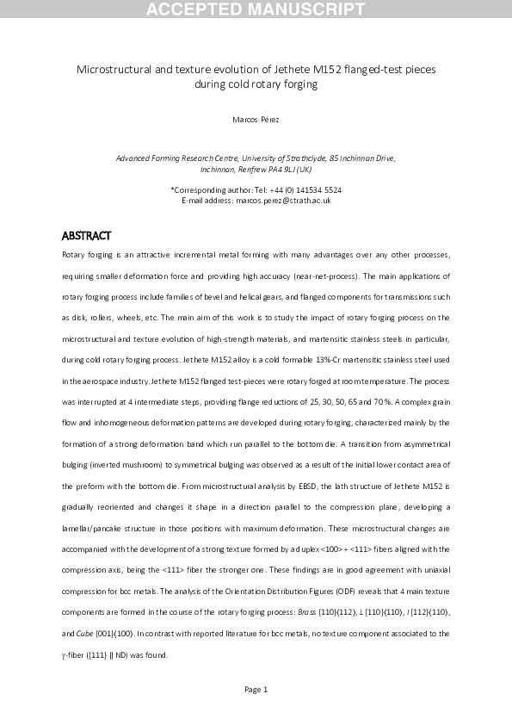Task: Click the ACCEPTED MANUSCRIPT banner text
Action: [x=256, y=10]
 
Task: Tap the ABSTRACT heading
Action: [x=87, y=236]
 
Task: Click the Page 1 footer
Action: [x=256, y=689]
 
